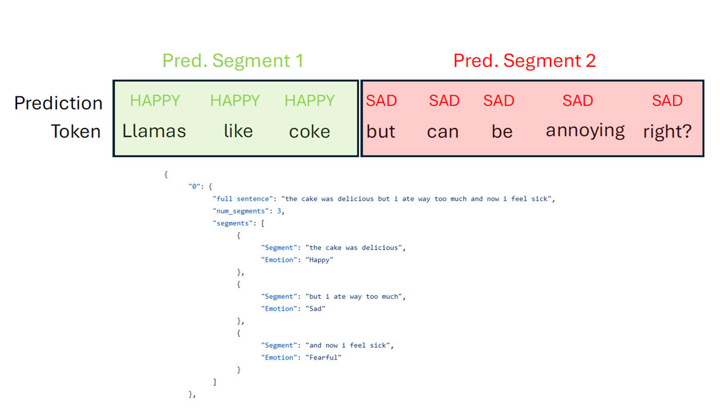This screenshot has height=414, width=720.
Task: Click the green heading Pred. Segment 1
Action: [233, 61]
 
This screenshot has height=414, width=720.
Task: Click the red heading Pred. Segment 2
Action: [524, 61]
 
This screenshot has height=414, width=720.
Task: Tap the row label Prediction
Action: [58, 103]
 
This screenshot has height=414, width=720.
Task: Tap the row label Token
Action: [76, 131]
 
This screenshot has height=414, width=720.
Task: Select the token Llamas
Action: [154, 131]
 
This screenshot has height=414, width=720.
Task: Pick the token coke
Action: [310, 131]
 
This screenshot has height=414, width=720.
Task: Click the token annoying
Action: [585, 131]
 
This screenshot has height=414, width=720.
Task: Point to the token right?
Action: [667, 131]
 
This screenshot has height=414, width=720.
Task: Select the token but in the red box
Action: [380, 131]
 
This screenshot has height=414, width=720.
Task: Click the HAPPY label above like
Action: [235, 100]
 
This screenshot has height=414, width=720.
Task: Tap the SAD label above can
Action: [444, 100]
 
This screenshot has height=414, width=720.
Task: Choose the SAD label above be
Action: [499, 100]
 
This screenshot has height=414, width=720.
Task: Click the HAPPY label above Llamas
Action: [155, 100]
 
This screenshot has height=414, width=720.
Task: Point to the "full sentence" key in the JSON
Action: [242, 199]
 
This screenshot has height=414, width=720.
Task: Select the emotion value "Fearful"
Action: [323, 358]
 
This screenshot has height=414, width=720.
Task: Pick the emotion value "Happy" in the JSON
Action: [319, 260]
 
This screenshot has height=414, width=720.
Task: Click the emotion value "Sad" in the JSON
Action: [315, 309]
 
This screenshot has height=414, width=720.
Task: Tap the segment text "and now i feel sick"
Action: [349, 345]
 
